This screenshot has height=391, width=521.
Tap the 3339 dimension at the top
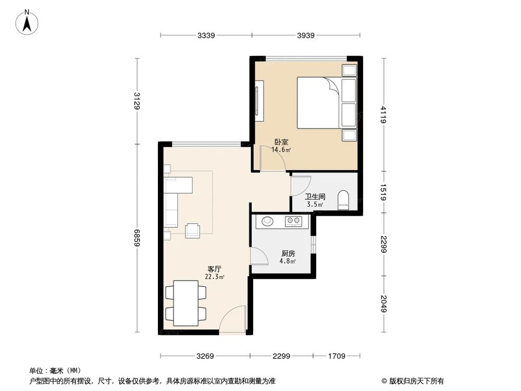(206, 35)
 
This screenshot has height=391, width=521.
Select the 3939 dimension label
(307, 35)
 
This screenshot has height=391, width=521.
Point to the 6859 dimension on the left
(137, 238)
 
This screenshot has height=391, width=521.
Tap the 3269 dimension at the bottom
(205, 357)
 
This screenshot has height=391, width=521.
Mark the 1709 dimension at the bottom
(337, 357)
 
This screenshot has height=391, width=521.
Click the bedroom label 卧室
(282, 142)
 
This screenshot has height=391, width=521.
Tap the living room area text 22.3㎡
(215, 277)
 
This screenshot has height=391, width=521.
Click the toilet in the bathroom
(343, 200)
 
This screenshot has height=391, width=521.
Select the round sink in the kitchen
(267, 221)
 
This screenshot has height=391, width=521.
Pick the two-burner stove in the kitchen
(293, 222)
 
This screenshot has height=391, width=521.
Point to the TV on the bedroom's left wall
(259, 98)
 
